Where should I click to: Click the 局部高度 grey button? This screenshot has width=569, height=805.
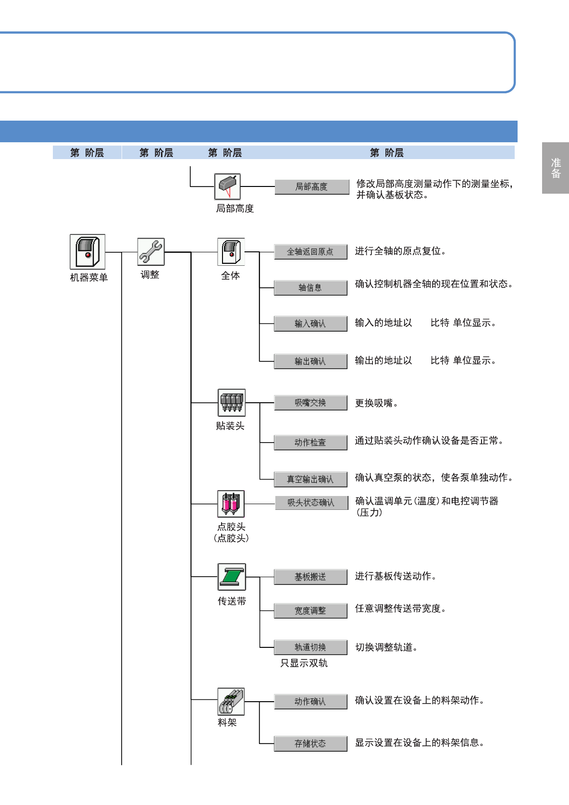(x=312, y=186)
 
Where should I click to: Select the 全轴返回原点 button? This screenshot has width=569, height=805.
(x=310, y=252)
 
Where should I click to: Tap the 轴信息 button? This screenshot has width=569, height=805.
(x=310, y=288)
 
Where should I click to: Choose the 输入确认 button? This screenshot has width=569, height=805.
(x=310, y=323)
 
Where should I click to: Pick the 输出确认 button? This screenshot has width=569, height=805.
(x=310, y=361)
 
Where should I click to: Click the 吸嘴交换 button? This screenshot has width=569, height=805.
(x=310, y=403)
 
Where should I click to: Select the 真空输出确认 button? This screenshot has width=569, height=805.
(x=310, y=479)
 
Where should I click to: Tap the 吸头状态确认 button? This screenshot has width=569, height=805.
(x=311, y=503)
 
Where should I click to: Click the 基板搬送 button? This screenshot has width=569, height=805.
(x=310, y=577)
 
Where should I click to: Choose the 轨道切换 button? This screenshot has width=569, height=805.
(x=310, y=647)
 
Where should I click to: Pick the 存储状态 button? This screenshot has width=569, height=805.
(x=310, y=743)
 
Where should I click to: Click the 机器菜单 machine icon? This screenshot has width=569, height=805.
(x=87, y=252)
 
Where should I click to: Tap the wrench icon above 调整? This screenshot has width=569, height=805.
(x=151, y=252)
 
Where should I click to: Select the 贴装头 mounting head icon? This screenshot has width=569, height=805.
(x=232, y=403)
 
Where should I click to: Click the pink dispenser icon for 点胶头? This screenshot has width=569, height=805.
(x=231, y=504)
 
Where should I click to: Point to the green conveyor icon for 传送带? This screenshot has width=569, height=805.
(x=232, y=577)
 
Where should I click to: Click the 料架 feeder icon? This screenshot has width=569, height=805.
(x=231, y=701)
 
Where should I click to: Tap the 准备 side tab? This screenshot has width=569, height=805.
(x=556, y=168)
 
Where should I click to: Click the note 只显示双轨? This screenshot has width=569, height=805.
(x=304, y=663)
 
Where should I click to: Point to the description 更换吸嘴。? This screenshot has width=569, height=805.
(x=376, y=403)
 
